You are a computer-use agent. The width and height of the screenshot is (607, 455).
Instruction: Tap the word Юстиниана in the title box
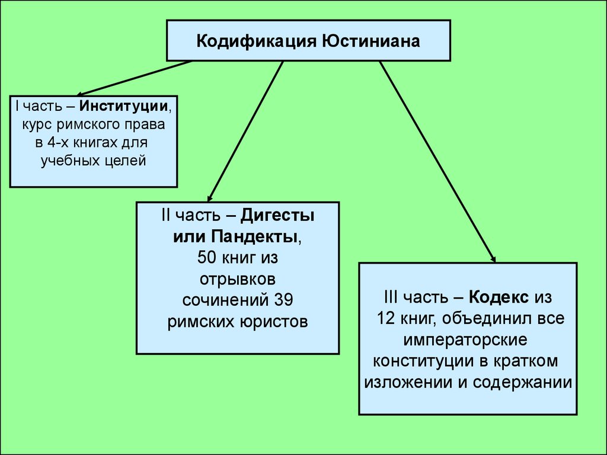pyautogui.click(x=371, y=41)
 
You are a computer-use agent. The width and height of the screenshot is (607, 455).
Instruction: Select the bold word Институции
pyautogui.click(x=124, y=107)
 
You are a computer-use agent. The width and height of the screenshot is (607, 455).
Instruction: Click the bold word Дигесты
pyautogui.click(x=277, y=216)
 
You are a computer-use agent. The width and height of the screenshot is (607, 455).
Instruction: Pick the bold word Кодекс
pyautogui.click(x=499, y=297)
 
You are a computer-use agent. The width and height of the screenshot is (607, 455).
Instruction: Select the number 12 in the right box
pyautogui.click(x=386, y=318)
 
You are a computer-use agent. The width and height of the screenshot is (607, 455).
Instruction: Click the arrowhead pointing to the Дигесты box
pyautogui.click(x=209, y=198)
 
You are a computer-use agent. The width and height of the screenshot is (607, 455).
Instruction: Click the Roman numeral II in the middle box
pyautogui.click(x=166, y=216)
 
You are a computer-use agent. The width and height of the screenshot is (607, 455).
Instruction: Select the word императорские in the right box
pyautogui.click(x=465, y=339)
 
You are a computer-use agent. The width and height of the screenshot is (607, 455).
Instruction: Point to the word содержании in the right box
pyautogui.click(x=522, y=383)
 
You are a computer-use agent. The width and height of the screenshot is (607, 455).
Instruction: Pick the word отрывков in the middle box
pyautogui.click(x=238, y=280)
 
